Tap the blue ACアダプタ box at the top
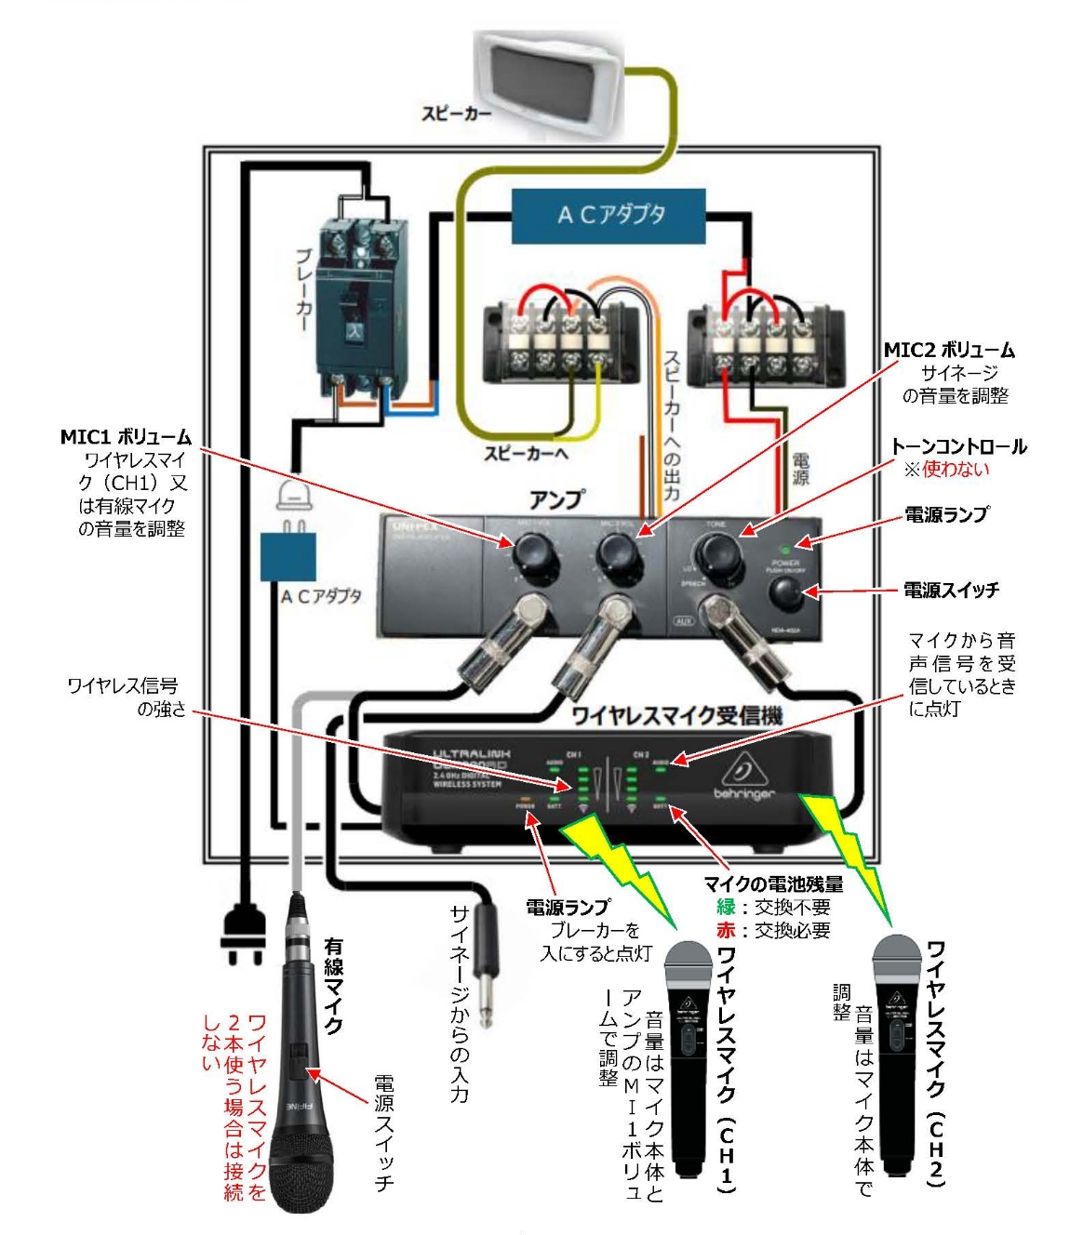click(x=609, y=215)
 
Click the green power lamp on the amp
click(x=784, y=550)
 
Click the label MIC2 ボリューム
click(x=949, y=351)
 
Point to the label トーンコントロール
click(x=958, y=446)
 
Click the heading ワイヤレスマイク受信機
click(x=676, y=715)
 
